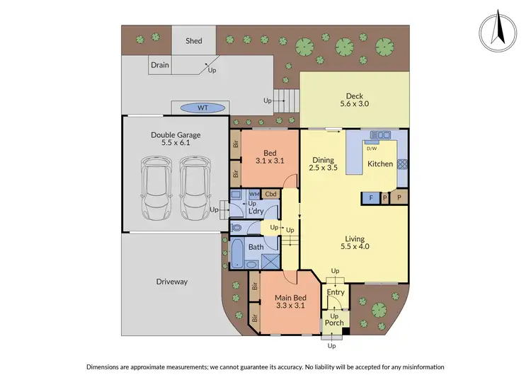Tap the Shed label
click(x=194, y=41)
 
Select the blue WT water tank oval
click(x=202, y=108)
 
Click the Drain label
click(x=160, y=65)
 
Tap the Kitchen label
click(x=379, y=164)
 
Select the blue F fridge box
click(x=370, y=198)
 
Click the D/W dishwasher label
click(x=370, y=149)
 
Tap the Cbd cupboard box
click(x=270, y=194)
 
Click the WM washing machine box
click(x=253, y=194)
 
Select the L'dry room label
click(x=256, y=211)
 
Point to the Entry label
click(x=335, y=292)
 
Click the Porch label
click(x=334, y=323)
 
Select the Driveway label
click(x=171, y=282)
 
